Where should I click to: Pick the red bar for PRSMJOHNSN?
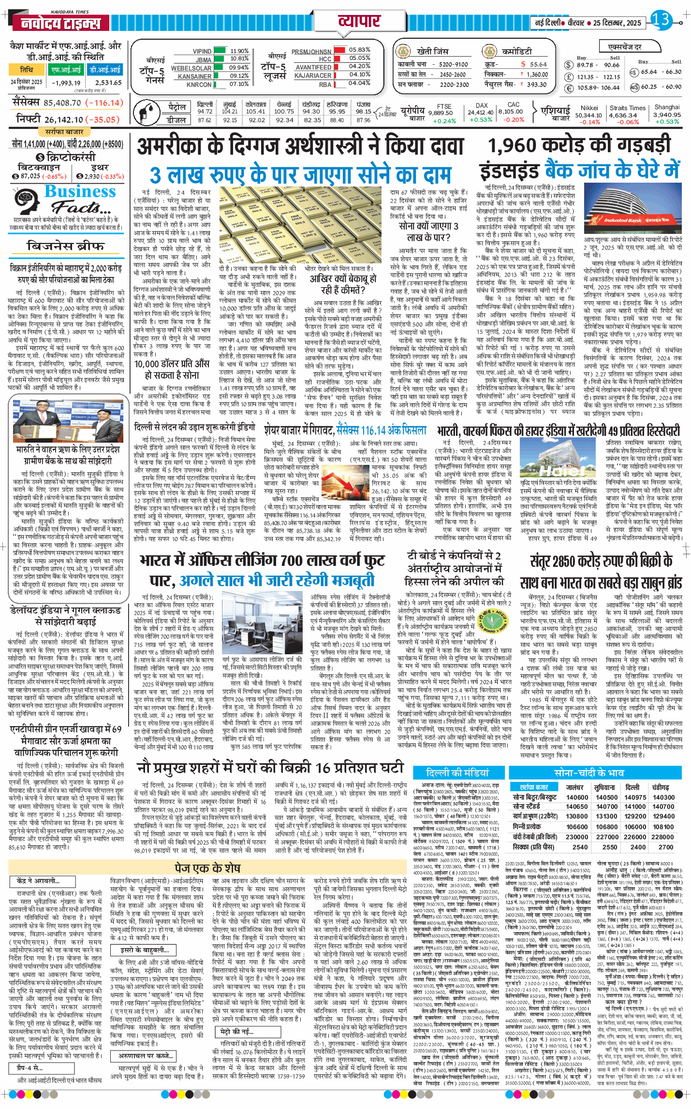[339, 50]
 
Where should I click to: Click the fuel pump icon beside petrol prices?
[146, 113]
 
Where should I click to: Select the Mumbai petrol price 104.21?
[230, 111]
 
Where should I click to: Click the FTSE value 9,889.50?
[441, 113]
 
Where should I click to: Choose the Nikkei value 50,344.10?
[588, 115]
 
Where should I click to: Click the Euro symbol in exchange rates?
[569, 88]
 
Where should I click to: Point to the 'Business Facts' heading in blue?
[80, 192]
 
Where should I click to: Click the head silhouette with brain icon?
[28, 202]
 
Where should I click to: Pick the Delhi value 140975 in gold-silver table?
[635, 797]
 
